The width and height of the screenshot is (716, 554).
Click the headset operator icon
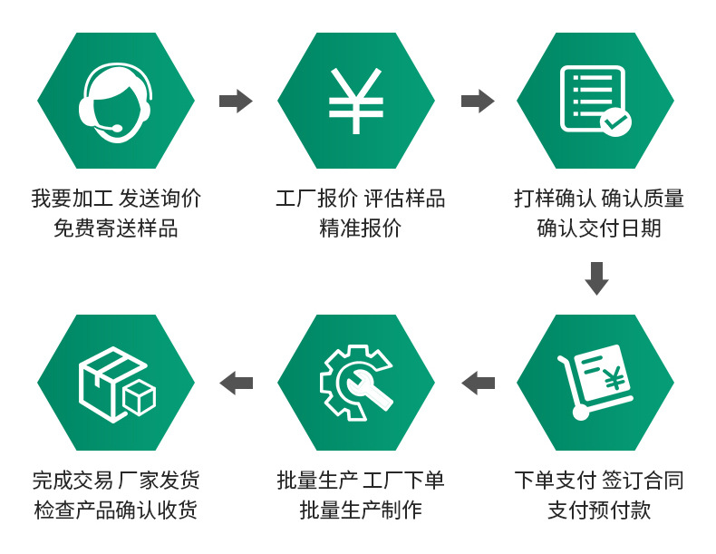(x=115, y=101)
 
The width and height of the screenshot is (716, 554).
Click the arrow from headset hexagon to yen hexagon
(x=236, y=101)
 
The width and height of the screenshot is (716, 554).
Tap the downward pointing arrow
(x=596, y=278)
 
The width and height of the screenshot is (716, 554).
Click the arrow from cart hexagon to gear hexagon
(x=478, y=384)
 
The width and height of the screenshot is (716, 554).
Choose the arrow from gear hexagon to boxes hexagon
(x=236, y=384)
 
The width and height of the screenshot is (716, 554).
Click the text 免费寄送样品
(x=116, y=228)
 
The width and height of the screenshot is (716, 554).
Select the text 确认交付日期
(x=598, y=228)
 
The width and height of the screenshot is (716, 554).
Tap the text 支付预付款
(x=598, y=510)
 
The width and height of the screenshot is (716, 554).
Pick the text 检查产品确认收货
(x=116, y=510)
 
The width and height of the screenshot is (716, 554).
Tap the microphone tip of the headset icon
(x=114, y=132)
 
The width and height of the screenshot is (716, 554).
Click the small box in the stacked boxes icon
(x=139, y=398)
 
